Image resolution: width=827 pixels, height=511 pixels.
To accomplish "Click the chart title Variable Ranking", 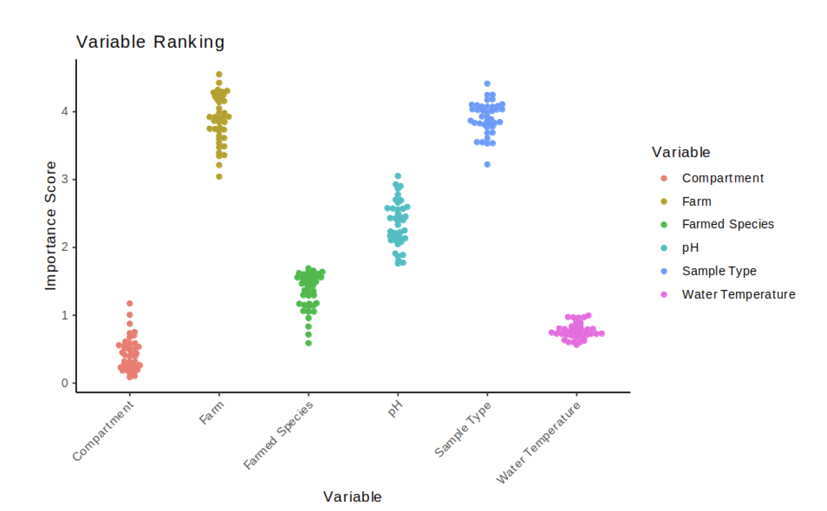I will coord(150,42).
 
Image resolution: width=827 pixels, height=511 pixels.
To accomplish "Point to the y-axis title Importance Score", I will coord(51,225).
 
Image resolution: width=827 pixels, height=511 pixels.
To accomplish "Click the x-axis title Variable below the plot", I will coord(352,496).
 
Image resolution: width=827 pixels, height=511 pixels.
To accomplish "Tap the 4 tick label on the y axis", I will coord(65,111).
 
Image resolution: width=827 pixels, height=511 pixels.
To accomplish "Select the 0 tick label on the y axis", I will coord(65,383).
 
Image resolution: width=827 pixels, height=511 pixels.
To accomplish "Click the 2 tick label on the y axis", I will coord(65,247).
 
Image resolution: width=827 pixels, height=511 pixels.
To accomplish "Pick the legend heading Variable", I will coord(681,152).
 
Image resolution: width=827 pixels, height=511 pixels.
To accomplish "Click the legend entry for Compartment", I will coord(722,178).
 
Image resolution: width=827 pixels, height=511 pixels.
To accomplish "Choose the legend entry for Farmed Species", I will coord(727,224).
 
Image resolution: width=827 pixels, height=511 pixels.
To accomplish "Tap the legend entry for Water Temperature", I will coord(738,294).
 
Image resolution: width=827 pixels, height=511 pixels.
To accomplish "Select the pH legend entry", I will coord(690,247).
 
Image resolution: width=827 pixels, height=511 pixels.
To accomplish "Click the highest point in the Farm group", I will coord(219,74).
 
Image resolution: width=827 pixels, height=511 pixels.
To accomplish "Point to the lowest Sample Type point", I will coord(488,164).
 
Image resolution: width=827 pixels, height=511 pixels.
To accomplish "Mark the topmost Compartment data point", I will coord(129,303).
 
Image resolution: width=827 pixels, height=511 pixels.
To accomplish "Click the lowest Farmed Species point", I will coord(309,343).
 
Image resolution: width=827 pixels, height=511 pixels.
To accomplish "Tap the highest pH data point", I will coord(398,176).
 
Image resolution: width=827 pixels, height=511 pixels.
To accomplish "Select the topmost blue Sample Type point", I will coord(488,83).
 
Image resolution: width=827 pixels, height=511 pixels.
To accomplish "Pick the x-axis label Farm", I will coord(211,412).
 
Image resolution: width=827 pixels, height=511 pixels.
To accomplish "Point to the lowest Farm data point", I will coord(219,176).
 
